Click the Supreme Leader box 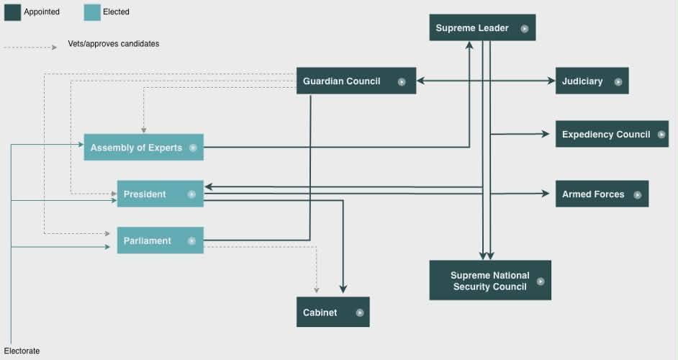(x=482, y=27)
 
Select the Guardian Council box (x=356, y=81)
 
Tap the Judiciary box (x=592, y=81)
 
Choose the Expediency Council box (x=612, y=134)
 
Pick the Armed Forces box (x=602, y=194)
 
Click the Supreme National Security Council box (x=490, y=280)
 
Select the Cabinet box (x=333, y=312)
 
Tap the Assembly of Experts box (x=143, y=147)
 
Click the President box (x=160, y=194)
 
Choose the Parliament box (x=160, y=240)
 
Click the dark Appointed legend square (x=12, y=12)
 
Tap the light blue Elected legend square (x=92, y=12)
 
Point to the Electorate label (x=22, y=351)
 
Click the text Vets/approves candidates (x=113, y=44)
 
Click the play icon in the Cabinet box (x=360, y=312)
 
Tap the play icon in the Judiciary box (x=618, y=82)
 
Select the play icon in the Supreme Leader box (x=525, y=29)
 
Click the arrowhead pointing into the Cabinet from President (x=343, y=289)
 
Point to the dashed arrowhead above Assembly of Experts (x=143, y=130)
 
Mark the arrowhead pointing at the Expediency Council (x=546, y=134)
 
